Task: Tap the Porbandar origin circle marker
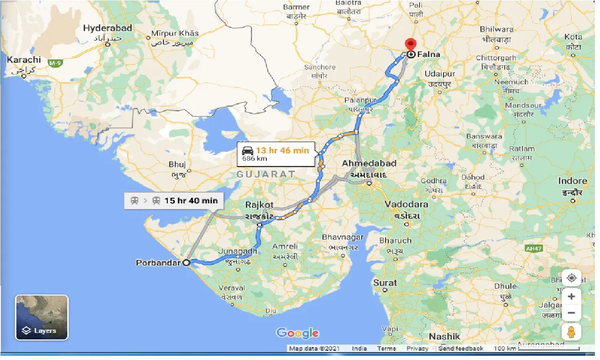point(186,263)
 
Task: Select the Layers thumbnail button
point(42,317)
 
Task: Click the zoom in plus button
point(571,296)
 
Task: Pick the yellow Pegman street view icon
point(571,332)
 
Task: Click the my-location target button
point(571,278)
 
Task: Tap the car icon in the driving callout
point(248,151)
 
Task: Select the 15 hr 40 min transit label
point(191,201)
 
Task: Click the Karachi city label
point(24,60)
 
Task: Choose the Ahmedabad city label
point(369,163)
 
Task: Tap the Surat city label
point(385,283)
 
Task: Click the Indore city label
point(572,181)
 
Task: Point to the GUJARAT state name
point(265,174)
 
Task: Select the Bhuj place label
point(177,165)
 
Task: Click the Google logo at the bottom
point(298,333)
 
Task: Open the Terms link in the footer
point(386,348)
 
